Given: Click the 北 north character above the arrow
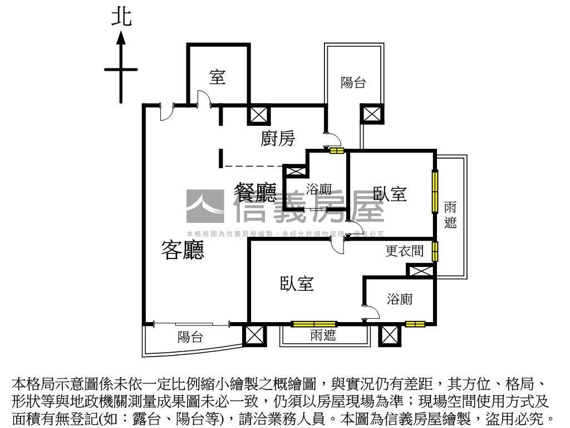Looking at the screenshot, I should coord(121,17).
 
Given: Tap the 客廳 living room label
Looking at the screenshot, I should coord(183,250).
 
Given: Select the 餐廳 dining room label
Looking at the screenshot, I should coord(255,193).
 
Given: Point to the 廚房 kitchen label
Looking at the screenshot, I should coord(278,138).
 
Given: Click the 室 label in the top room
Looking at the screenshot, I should coord(217,77).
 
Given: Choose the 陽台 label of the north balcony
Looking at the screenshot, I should coord(353,83).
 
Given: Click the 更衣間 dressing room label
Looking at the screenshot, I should coord(405,251).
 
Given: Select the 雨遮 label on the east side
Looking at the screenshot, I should coord(451,215).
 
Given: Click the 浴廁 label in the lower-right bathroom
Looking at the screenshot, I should coord(400,299).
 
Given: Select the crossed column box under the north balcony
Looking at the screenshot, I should coord(371,114).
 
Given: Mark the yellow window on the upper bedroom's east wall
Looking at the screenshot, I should coord(435,191).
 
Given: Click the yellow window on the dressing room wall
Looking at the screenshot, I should coord(435,251).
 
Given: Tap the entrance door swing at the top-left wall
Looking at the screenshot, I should coord(165,111).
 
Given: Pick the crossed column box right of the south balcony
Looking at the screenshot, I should coord(254,335).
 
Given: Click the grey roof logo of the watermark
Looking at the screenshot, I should coord(205,205).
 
